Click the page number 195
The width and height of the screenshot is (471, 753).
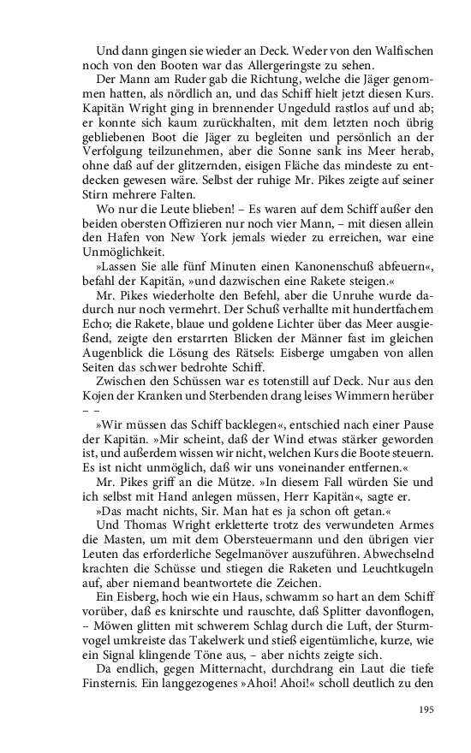426,710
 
